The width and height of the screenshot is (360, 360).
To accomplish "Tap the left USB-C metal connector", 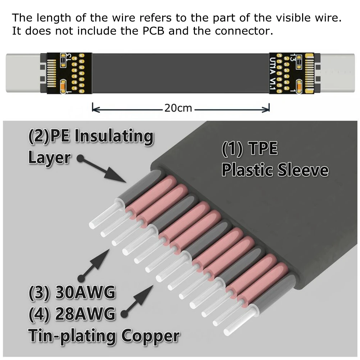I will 23,74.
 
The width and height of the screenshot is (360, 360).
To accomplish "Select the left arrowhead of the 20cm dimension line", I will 94,108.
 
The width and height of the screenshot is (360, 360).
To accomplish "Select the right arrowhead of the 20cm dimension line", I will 268,108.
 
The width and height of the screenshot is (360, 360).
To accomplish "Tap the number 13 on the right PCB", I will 292,57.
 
